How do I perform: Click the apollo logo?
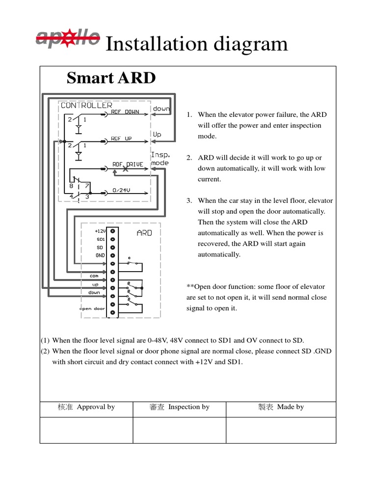(x=68, y=37)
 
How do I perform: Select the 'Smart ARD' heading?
(x=111, y=78)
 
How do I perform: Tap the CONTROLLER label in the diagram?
(x=86, y=105)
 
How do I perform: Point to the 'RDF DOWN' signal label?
(x=125, y=112)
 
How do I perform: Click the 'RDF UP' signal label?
(x=121, y=139)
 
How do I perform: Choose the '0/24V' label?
(x=121, y=190)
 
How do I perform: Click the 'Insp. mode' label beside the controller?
(x=160, y=159)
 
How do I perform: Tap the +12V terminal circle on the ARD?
(x=113, y=230)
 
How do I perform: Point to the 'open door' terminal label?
(x=92, y=309)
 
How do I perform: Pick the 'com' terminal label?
(x=94, y=276)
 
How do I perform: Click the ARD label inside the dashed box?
(x=144, y=233)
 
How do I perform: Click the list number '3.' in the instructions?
(x=189, y=200)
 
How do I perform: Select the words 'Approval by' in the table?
(x=96, y=407)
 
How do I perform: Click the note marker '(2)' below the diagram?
(x=45, y=351)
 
